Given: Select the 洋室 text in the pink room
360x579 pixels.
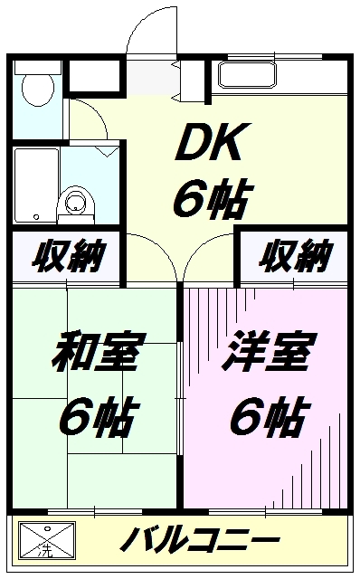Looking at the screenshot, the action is pyautogui.click(x=269, y=351).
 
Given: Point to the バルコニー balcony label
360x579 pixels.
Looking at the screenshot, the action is pyautogui.click(x=199, y=539).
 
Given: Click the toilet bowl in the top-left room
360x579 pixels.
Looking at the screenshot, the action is pyautogui.click(x=38, y=89).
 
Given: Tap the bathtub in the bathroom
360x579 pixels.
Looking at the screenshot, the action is pyautogui.click(x=36, y=185).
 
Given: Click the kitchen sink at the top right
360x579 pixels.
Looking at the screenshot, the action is pyautogui.click(x=247, y=75).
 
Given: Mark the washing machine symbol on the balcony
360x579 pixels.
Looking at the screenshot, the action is pyautogui.click(x=47, y=540).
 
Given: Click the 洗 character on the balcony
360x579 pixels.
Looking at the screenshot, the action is pyautogui.click(x=46, y=551).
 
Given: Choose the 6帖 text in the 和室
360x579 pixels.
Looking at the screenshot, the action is pyautogui.click(x=99, y=415).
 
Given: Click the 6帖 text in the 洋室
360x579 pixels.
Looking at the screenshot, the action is pyautogui.click(x=270, y=415).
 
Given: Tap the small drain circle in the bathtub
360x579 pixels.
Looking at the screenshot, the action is pyautogui.click(x=36, y=217).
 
